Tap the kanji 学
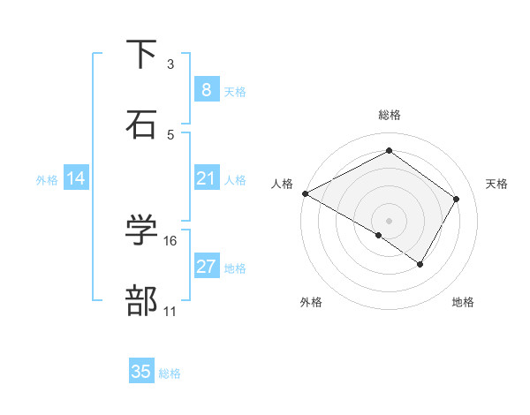coord(142,230)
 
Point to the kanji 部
coord(142,300)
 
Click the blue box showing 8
coord(206,90)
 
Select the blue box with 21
coord(206,178)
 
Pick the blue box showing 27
coord(206,267)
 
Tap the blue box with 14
coord(76,178)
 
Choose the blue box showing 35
coord(141,372)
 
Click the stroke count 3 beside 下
coord(170,64)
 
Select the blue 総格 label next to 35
coord(170,373)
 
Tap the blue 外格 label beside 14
coord(47,180)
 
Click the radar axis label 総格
coord(390,115)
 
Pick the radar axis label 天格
coord(496,184)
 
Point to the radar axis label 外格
coord(311,302)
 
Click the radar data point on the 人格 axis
coord(304,193)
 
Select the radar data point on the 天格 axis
coord(457,199)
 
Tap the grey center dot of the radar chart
coord(389,220)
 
